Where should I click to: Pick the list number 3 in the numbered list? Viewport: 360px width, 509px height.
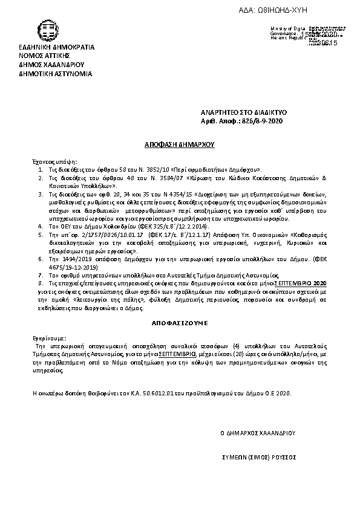pyautogui.click(x=41, y=194)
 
